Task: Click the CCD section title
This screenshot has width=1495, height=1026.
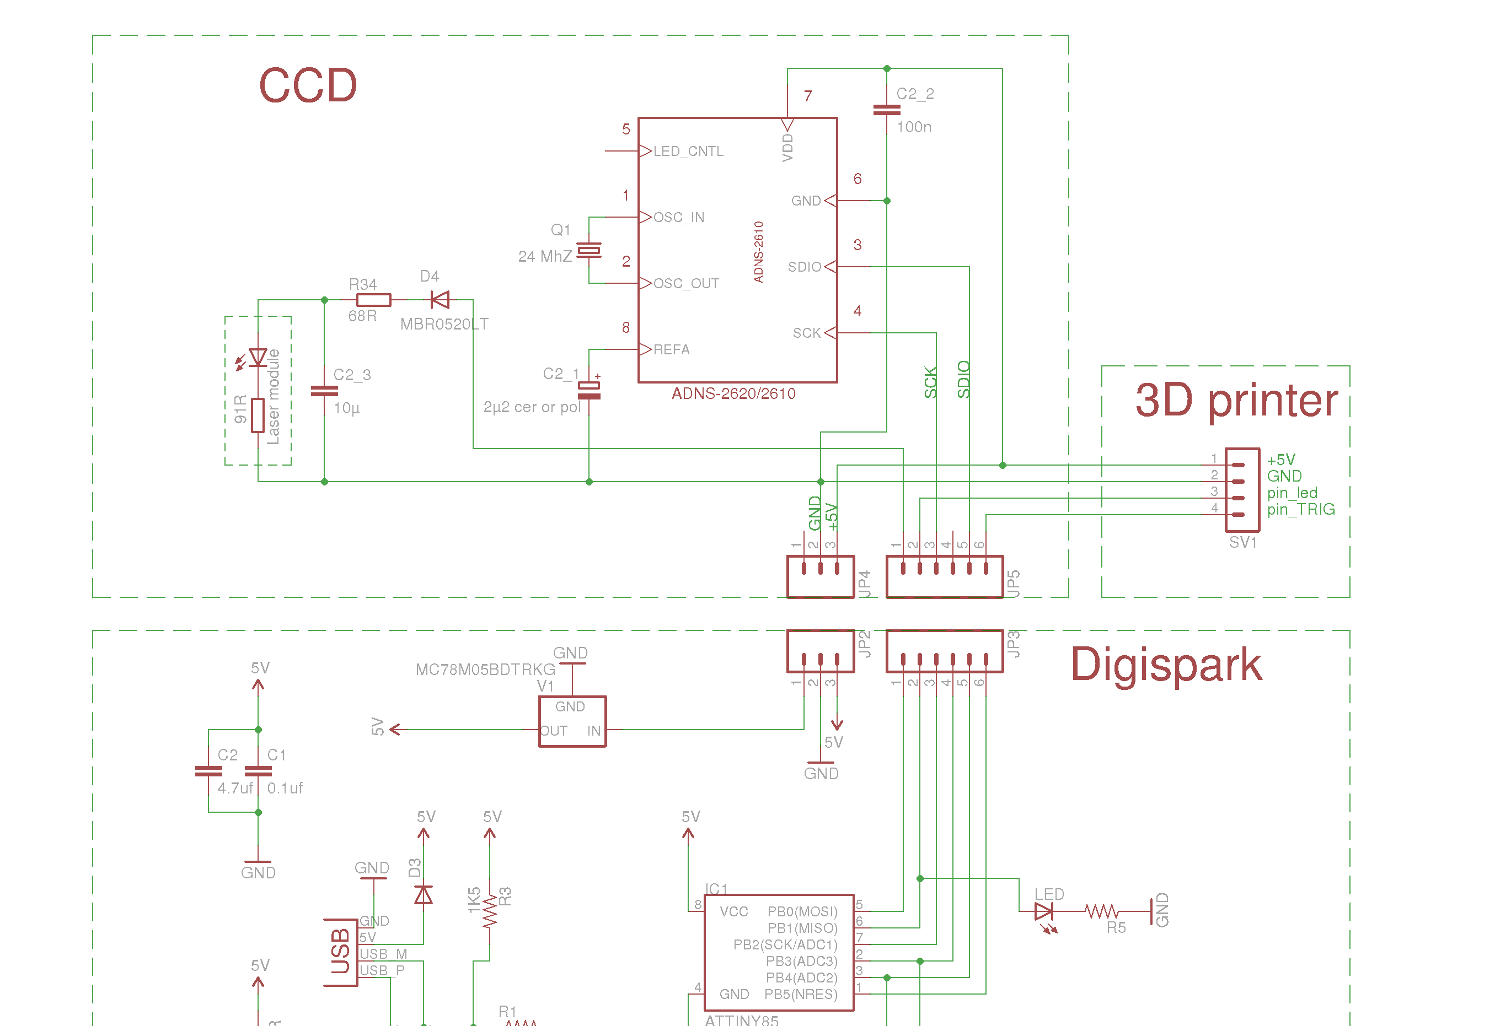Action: pos(308,85)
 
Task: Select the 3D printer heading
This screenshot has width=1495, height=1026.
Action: pos(1236,401)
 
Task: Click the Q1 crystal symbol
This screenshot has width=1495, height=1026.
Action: pos(588,250)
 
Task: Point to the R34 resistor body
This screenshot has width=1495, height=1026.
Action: pos(373,300)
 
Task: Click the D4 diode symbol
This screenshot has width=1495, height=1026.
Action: pos(441,300)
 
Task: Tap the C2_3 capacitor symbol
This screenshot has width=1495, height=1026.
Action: pos(324,391)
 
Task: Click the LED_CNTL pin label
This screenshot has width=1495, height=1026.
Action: pos(688,152)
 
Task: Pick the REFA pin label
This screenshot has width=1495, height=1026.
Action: pos(672,350)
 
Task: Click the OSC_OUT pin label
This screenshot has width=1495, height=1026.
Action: pos(686,283)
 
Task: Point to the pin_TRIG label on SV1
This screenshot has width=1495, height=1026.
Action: pos(1301,510)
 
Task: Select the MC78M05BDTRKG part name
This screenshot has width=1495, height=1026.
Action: pos(485,670)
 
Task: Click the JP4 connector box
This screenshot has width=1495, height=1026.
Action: pos(820,576)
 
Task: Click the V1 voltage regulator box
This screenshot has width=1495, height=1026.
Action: pos(572,721)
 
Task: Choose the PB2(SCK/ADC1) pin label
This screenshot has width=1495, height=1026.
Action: pos(785,945)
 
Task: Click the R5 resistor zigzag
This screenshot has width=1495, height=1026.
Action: pos(1101,911)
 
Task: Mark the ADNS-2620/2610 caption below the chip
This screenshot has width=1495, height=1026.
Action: pos(733,394)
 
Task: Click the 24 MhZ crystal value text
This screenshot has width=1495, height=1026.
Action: pos(545,257)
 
